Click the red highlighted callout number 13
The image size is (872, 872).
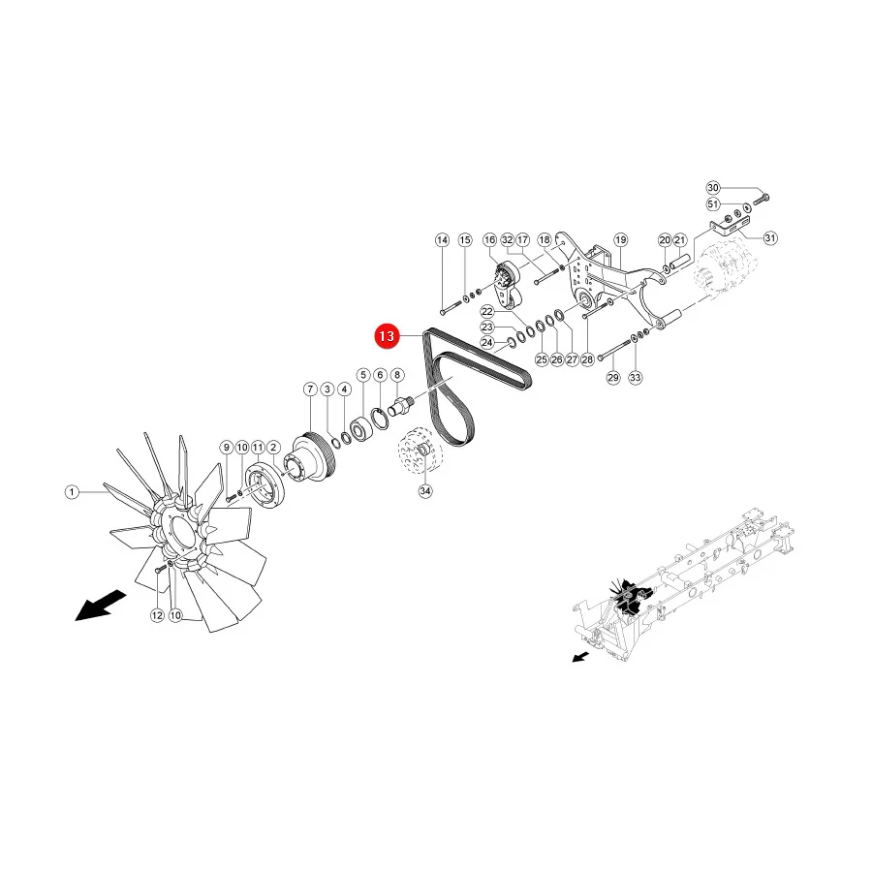point(387,336)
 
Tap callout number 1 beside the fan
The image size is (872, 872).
point(72,492)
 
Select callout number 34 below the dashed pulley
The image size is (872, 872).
point(425,491)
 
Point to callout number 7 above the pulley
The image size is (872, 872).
point(310,389)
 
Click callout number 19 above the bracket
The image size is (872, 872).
point(621,239)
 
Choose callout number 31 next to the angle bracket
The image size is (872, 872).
point(770,238)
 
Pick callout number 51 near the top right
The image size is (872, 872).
point(713,204)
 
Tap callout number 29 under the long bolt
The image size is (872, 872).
point(613,378)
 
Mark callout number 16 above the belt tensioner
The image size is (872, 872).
point(489,239)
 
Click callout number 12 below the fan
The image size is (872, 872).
point(157,615)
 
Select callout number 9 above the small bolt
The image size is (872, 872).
point(226,447)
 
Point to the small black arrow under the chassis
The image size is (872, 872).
point(580,657)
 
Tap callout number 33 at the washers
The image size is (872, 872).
point(635,378)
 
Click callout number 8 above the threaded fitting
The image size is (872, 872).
point(397,375)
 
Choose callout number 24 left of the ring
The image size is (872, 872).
point(487,343)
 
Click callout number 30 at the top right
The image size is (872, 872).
point(713,187)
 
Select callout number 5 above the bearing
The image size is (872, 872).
point(363,375)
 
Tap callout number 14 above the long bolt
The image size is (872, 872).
point(442,239)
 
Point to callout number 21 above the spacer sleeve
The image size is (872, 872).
point(680,239)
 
